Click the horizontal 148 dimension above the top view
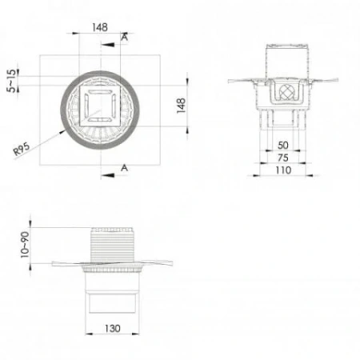(99, 26)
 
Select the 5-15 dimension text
(10, 81)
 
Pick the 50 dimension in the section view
(282, 144)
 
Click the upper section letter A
(125, 38)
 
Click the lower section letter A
(125, 166)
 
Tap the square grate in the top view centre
(102, 102)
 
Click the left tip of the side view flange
(53, 263)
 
